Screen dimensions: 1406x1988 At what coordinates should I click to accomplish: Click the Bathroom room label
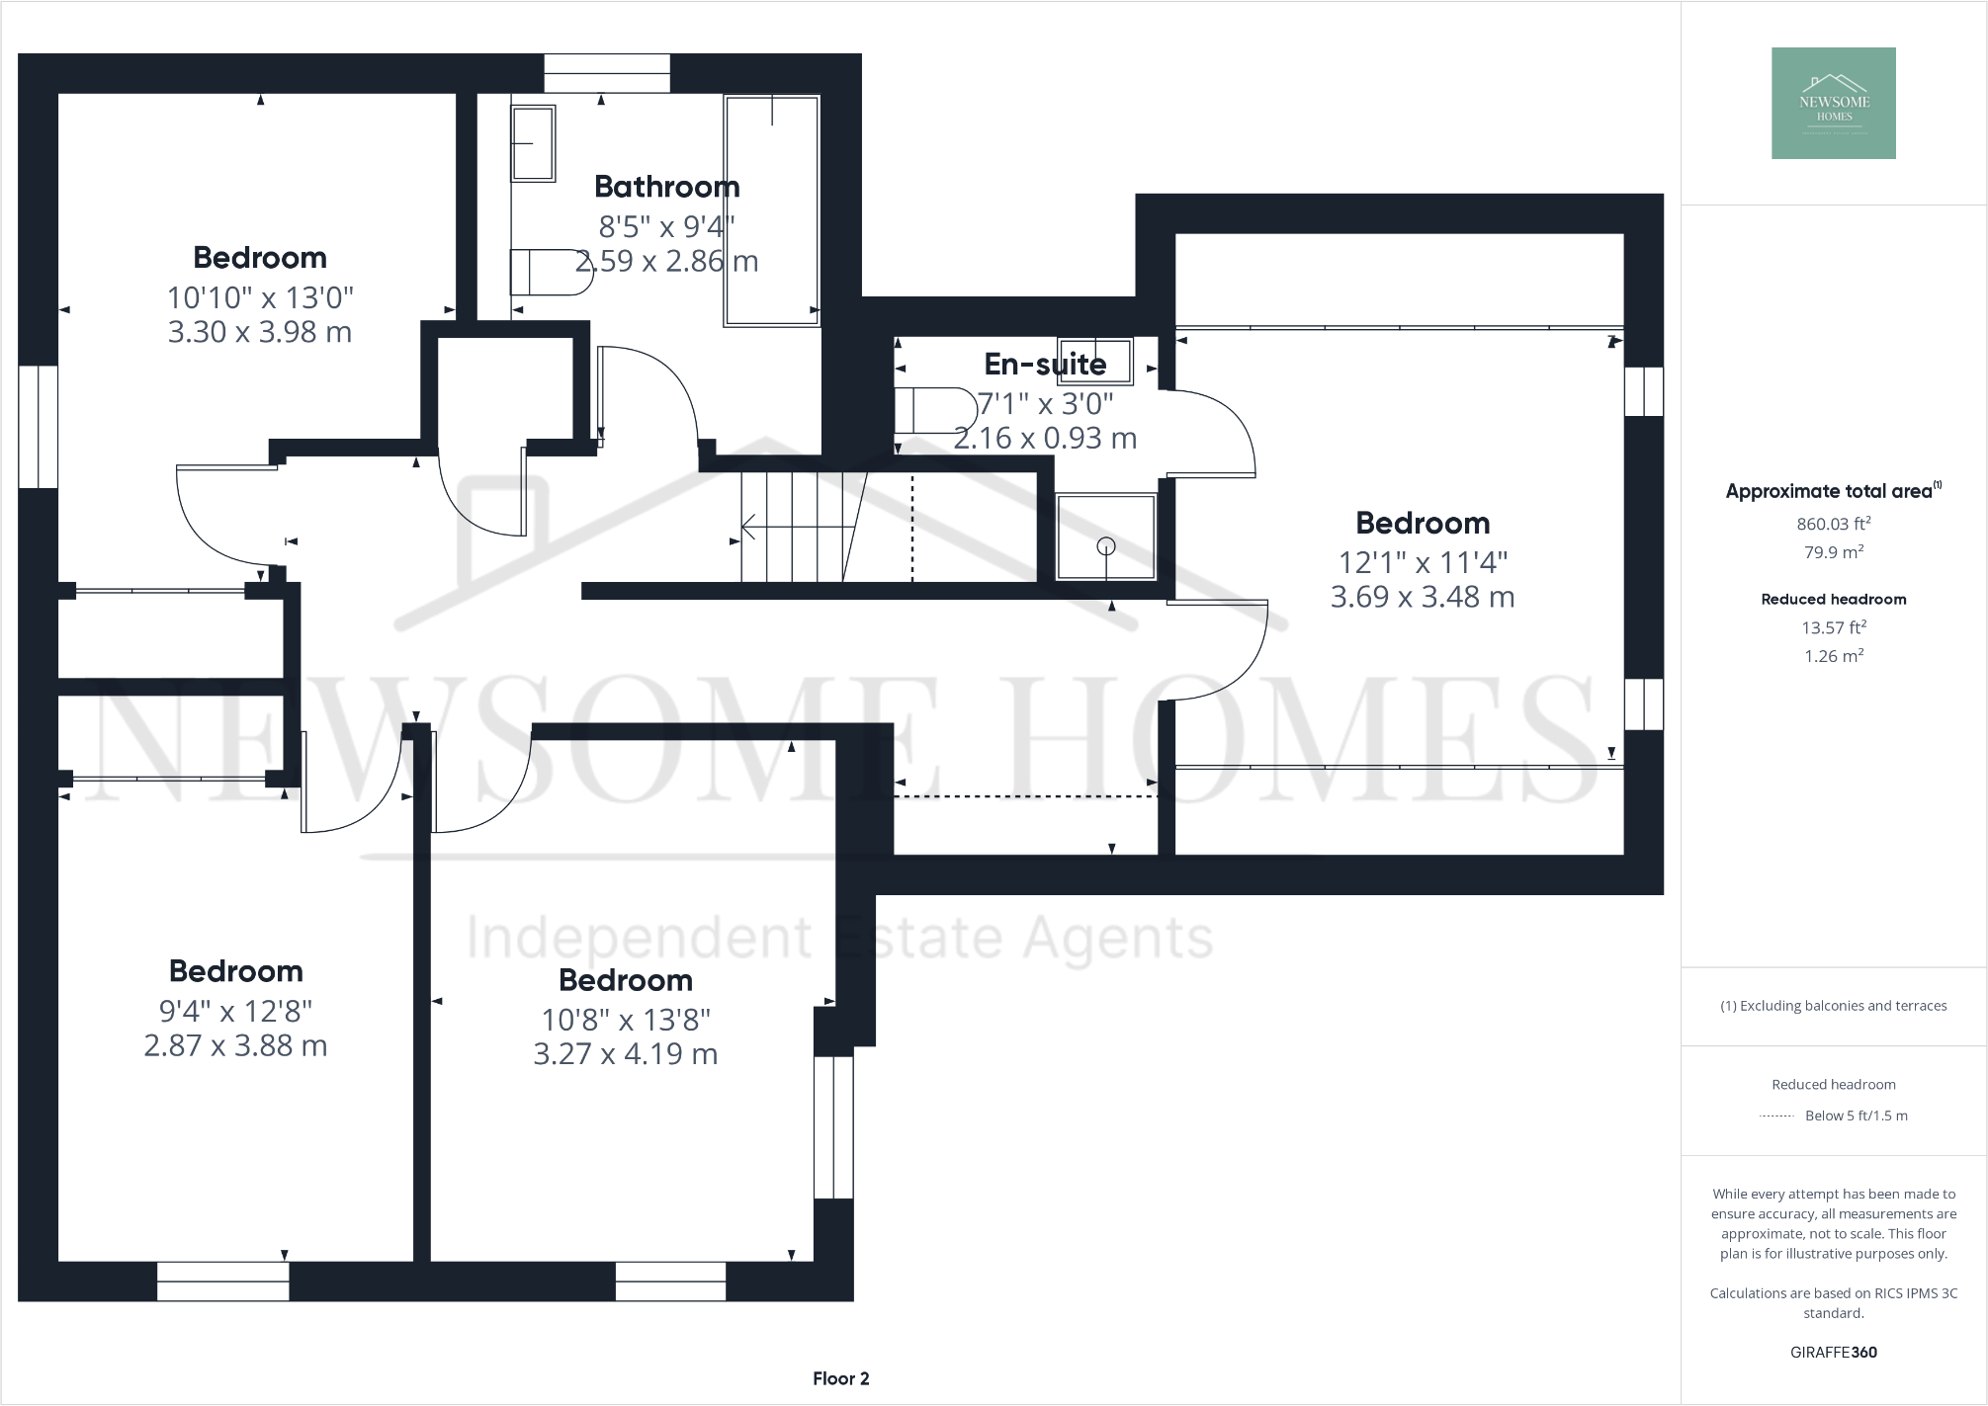[666, 187]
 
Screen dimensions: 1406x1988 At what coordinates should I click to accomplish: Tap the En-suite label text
[1045, 365]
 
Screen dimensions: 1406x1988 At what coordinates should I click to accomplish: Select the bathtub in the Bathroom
[772, 210]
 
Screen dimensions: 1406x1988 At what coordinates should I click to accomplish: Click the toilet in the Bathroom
[550, 273]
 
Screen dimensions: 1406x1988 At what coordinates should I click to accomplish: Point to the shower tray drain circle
[1106, 545]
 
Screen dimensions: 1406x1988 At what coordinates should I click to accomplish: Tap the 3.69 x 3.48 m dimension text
[1422, 597]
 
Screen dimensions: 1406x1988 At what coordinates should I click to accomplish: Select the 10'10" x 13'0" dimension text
[260, 297]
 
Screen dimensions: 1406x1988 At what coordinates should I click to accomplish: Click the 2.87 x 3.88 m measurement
[235, 1045]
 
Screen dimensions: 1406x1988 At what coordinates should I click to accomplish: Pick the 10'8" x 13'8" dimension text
[625, 1020]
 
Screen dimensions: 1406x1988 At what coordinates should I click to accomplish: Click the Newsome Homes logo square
[1833, 104]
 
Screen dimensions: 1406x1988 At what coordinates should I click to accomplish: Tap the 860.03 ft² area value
[1833, 524]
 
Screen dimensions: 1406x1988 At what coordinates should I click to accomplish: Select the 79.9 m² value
[1833, 552]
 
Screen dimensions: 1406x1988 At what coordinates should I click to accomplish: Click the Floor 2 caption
[840, 1378]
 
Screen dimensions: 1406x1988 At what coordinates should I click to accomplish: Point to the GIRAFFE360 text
[1833, 1352]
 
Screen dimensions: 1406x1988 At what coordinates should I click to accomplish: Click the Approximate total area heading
[1829, 491]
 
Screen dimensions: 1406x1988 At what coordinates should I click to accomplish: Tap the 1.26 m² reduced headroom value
[1833, 656]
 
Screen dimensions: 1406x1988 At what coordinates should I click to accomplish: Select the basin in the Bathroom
[533, 144]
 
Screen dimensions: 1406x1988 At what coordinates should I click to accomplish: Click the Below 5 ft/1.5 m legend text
[1856, 1116]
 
